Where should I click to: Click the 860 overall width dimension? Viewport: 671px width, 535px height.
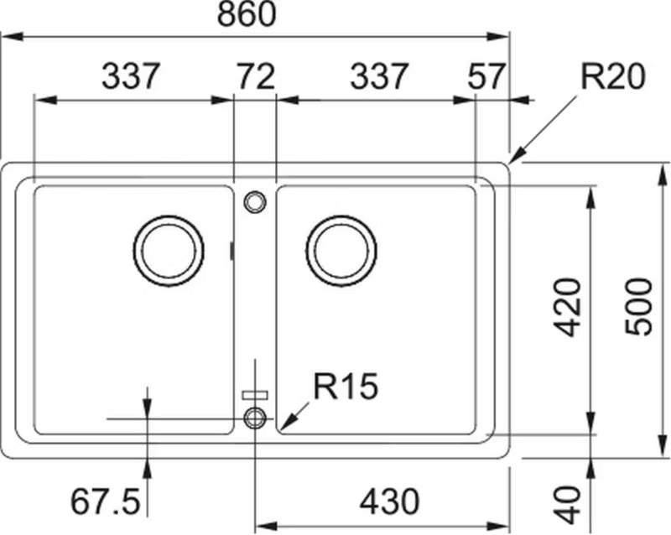(247, 13)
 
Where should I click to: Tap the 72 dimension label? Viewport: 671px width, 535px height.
(257, 76)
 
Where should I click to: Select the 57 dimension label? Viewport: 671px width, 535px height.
(486, 76)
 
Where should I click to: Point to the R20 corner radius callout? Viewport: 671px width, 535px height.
(612, 76)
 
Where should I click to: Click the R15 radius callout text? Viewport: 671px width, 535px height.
(346, 386)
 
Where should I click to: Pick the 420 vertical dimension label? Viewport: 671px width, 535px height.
(567, 307)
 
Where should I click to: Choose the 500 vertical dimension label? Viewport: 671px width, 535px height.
(638, 306)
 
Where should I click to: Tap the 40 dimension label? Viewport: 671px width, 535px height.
(567, 504)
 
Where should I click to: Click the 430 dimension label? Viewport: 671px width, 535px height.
(390, 501)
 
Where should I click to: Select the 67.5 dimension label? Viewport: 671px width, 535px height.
(106, 501)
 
